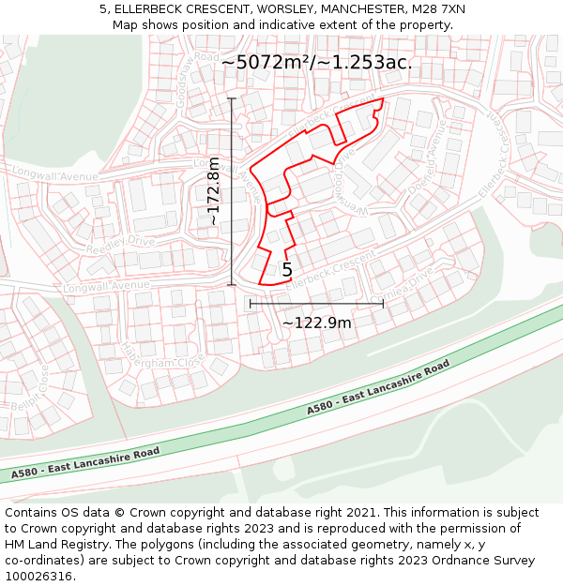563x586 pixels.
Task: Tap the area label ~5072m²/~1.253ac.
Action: point(316,62)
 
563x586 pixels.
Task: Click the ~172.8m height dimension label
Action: point(214,190)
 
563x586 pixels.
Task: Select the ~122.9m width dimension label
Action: point(316,323)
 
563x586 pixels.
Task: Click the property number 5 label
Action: point(287,270)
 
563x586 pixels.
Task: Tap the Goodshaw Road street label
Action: point(178,70)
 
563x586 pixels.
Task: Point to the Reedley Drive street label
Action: point(120,246)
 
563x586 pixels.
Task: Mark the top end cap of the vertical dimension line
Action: point(232,98)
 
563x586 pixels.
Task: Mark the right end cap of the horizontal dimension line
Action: point(383,304)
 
